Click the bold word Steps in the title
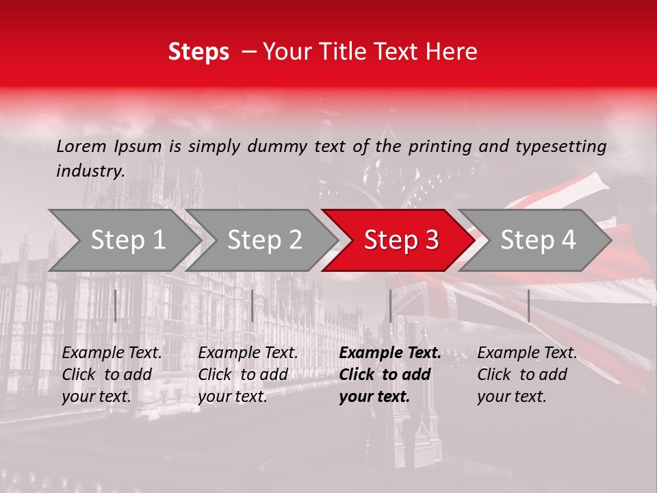(198, 52)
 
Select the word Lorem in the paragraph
(81, 146)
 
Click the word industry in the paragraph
(90, 170)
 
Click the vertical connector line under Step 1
(116, 305)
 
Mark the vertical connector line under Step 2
(253, 305)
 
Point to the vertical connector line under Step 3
(390, 305)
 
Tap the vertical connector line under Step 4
(528, 305)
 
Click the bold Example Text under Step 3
(390, 353)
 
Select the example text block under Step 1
(112, 375)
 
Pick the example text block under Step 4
(527, 375)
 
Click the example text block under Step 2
(248, 375)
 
